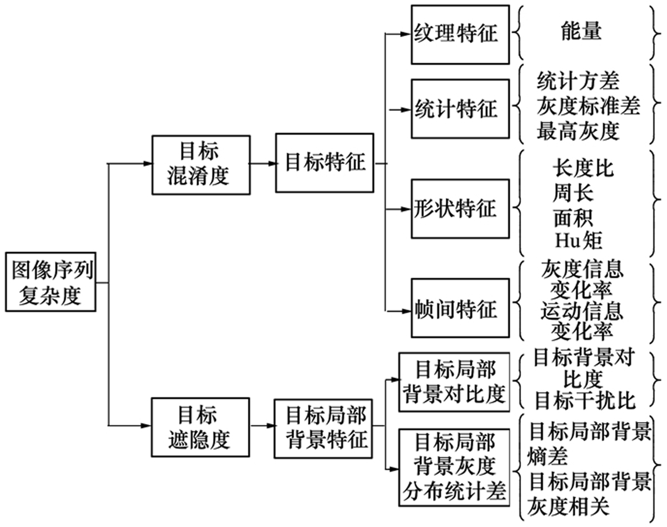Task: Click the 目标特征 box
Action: click(x=325, y=163)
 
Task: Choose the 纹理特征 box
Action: click(x=460, y=34)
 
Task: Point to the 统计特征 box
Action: click(x=460, y=109)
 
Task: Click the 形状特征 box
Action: click(x=460, y=210)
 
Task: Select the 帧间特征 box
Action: click(x=460, y=310)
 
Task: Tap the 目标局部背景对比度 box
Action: click(x=454, y=382)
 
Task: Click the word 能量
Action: click(x=581, y=32)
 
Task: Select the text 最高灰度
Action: click(x=578, y=132)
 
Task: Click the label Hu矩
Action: click(x=578, y=240)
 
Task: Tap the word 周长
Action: click(x=573, y=192)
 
